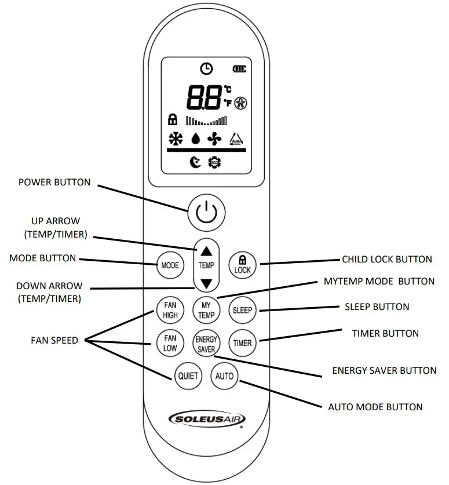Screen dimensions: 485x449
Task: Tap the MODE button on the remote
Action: coord(170,265)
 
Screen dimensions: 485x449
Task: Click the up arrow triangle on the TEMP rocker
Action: coord(206,251)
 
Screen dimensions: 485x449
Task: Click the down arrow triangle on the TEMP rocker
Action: coord(206,283)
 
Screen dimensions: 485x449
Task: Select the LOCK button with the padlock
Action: coord(242,265)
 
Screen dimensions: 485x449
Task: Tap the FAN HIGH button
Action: coord(170,310)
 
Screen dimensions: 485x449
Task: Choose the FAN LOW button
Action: coord(170,342)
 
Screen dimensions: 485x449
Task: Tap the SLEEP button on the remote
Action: coord(242,310)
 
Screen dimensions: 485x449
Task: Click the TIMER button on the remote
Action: coord(242,342)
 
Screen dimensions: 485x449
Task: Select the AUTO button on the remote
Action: coord(224,376)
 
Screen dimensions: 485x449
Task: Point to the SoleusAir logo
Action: coord(206,419)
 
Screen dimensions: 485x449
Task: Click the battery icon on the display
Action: coord(239,70)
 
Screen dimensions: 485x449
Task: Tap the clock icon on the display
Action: coord(206,69)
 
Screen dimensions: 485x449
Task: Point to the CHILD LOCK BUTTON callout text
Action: coord(387,260)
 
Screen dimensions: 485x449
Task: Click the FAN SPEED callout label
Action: coord(54,340)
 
